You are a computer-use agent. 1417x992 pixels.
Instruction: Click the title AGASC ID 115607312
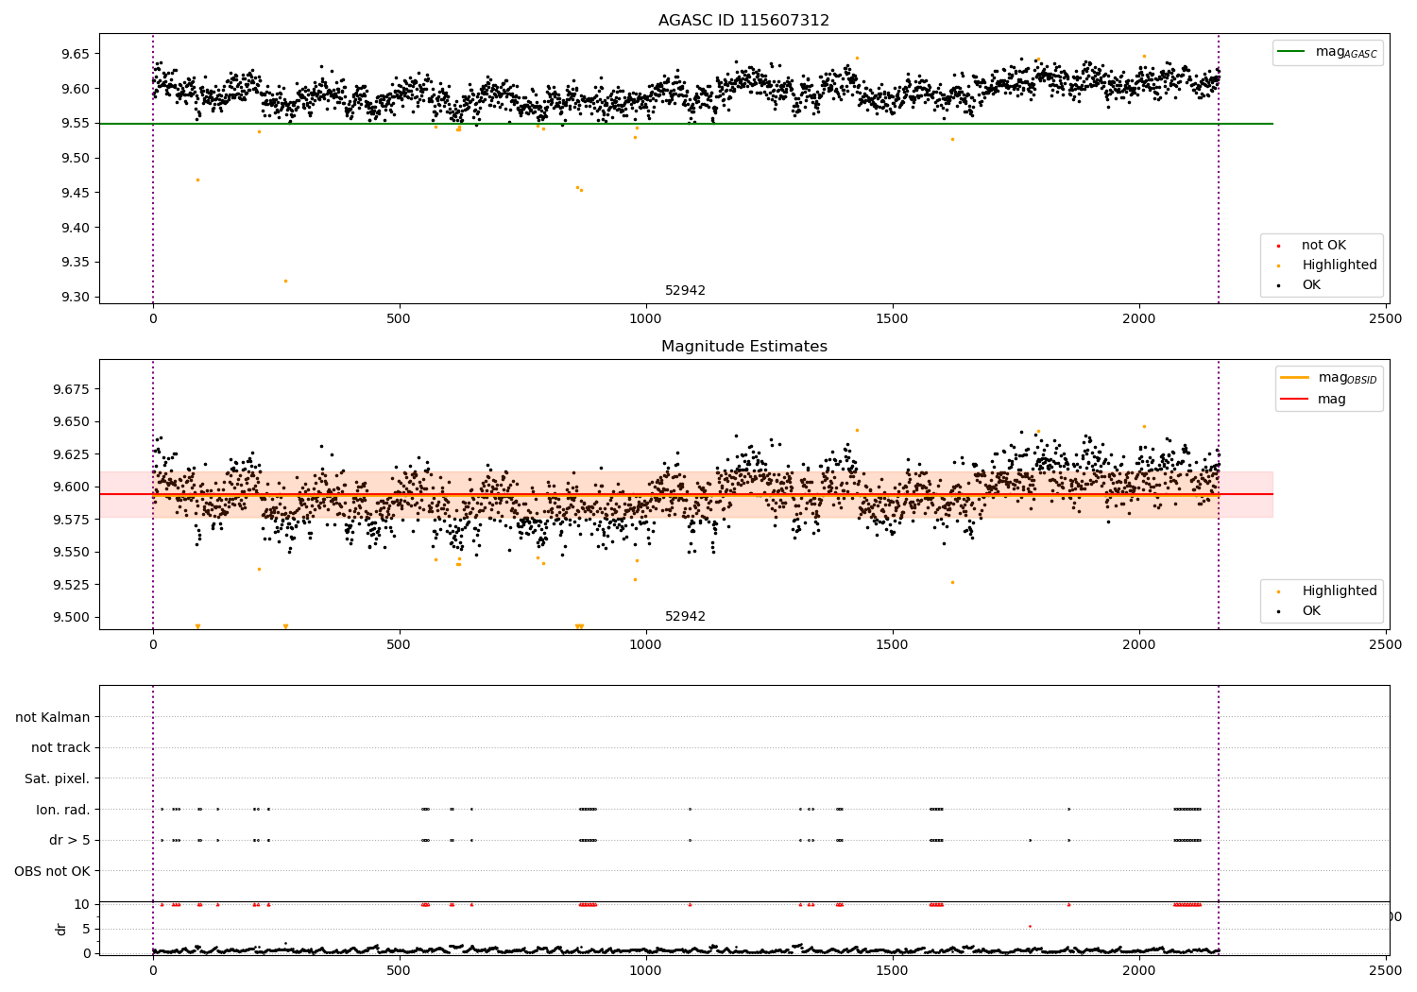pos(743,21)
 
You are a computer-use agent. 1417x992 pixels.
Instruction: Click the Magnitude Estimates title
pos(743,347)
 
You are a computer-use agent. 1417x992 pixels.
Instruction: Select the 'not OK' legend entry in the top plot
pos(1323,246)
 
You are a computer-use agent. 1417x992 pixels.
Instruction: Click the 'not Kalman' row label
pos(53,717)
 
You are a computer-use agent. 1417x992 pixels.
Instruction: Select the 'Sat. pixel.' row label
pos(57,778)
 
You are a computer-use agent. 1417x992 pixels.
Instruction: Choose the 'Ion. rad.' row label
pos(62,810)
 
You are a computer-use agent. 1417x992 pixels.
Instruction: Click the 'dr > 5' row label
pos(69,840)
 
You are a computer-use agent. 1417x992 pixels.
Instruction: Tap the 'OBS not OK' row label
pos(52,871)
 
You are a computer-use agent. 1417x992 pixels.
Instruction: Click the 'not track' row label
pos(60,747)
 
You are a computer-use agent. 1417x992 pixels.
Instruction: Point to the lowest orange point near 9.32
pos(285,281)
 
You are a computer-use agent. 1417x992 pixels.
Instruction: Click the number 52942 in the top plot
pos(685,291)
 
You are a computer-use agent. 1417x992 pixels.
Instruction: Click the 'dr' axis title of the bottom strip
pos(61,929)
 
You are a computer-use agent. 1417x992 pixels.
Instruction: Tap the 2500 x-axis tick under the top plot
pos(1386,318)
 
